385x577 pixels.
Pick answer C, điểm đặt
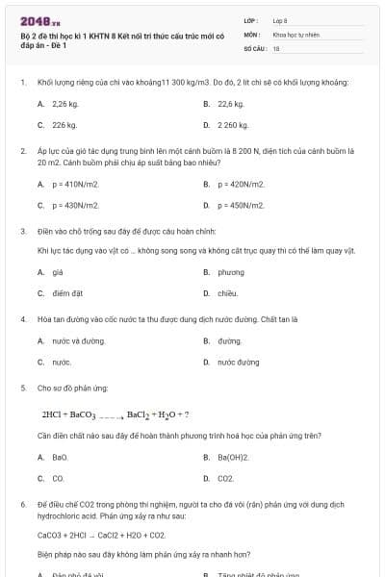pos(64,293)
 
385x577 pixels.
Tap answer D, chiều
pos(227,293)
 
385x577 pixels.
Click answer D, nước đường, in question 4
pos(238,363)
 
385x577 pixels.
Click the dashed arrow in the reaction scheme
pos(112,415)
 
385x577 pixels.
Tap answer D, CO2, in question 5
pos(225,478)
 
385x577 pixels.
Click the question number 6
pos(22,504)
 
